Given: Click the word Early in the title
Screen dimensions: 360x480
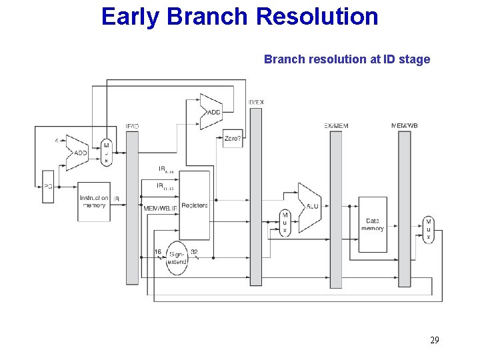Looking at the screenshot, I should pyautogui.click(x=131, y=16).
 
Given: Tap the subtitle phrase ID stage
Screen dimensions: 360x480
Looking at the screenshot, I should pyautogui.click(x=407, y=59).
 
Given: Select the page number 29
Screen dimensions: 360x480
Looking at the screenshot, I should pyautogui.click(x=434, y=341).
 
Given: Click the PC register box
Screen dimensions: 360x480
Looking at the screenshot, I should pyautogui.click(x=47, y=187).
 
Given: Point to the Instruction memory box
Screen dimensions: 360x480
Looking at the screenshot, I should pyautogui.click(x=94, y=201).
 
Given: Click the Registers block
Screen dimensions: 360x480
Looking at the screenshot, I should pyautogui.click(x=195, y=205).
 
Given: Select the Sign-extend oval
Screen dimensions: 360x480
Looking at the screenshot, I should pyautogui.click(x=177, y=257).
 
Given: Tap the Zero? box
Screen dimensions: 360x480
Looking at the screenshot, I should pyautogui.click(x=233, y=139).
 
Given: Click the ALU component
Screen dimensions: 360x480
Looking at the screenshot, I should pyautogui.click(x=310, y=207).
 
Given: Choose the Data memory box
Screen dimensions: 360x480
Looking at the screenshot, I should pyautogui.click(x=373, y=225).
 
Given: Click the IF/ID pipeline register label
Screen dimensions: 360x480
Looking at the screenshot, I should pyautogui.click(x=132, y=126).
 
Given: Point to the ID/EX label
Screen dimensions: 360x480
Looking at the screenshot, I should pyautogui.click(x=255, y=102).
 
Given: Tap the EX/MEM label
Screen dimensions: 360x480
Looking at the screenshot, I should pyautogui.click(x=336, y=125).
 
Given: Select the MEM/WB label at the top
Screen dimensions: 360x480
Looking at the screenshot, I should pyautogui.click(x=404, y=125).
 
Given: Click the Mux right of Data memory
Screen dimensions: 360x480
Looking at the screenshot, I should pyautogui.click(x=428, y=230).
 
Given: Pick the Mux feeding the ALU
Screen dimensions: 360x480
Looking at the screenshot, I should pyautogui.click(x=285, y=222).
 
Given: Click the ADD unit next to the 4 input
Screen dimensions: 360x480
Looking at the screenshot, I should pyautogui.click(x=78, y=152).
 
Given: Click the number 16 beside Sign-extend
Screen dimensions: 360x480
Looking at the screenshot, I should pyautogui.click(x=158, y=251).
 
